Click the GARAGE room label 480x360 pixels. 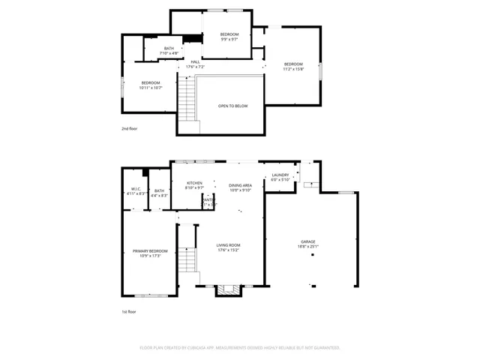point(308,241)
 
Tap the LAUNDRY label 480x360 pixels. point(280,175)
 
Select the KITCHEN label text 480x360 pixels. point(194,183)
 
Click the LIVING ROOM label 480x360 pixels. point(228,245)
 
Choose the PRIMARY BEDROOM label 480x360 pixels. point(150,251)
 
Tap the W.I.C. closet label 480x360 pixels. point(136,189)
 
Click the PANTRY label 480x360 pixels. point(208,199)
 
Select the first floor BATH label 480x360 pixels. point(159,190)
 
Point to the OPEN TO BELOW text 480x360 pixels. point(233,106)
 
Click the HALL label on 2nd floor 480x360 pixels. point(195,62)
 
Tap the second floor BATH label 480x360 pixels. point(169,49)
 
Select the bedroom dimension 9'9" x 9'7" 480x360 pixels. point(229,40)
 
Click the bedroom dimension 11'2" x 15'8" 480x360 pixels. point(293,69)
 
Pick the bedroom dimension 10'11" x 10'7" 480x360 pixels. point(151,88)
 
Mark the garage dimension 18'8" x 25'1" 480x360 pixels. point(308,247)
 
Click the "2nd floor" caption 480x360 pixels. point(130,128)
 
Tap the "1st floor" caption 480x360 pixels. point(129,311)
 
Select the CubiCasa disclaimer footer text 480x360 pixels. point(240,347)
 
